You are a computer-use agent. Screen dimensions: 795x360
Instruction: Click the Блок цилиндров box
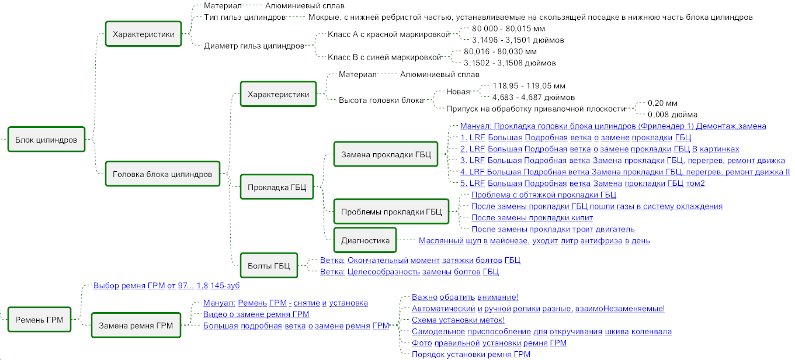pyautogui.click(x=46, y=140)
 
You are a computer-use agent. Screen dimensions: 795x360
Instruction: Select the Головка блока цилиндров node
pyautogui.click(x=162, y=174)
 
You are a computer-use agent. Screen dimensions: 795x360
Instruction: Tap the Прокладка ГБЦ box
pyautogui.click(x=276, y=187)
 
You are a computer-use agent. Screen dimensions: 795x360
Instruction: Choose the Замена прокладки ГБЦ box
pyautogui.click(x=386, y=154)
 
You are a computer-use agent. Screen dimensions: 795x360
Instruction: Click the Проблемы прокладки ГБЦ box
pyautogui.click(x=391, y=212)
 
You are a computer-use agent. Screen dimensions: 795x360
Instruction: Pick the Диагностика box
pyautogui.click(x=365, y=240)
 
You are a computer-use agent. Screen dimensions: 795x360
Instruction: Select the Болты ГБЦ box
pyautogui.click(x=269, y=265)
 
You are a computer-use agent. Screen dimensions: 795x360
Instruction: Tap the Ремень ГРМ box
pyautogui.click(x=39, y=320)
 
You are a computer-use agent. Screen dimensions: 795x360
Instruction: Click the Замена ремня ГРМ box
pyautogui.click(x=136, y=326)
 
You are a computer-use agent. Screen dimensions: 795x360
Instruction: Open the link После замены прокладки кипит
pyautogui.click(x=532, y=217)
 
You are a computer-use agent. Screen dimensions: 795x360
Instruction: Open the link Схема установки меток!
pyautogui.click(x=458, y=320)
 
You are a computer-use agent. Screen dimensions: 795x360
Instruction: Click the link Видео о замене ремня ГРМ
pyautogui.click(x=256, y=314)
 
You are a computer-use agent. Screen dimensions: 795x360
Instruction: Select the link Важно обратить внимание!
pyautogui.click(x=465, y=297)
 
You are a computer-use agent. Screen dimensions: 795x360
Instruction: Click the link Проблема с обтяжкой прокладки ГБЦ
pyautogui.click(x=544, y=195)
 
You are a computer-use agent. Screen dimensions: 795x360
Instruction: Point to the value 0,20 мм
pyautogui.click(x=662, y=103)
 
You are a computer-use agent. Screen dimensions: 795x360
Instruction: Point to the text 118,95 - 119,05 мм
pyautogui.click(x=529, y=86)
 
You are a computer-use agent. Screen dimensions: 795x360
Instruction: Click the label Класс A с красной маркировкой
pyautogui.click(x=388, y=34)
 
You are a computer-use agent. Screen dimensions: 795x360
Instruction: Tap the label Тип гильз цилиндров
pyautogui.click(x=245, y=17)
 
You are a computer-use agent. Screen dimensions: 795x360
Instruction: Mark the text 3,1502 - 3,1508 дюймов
pyautogui.click(x=509, y=63)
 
